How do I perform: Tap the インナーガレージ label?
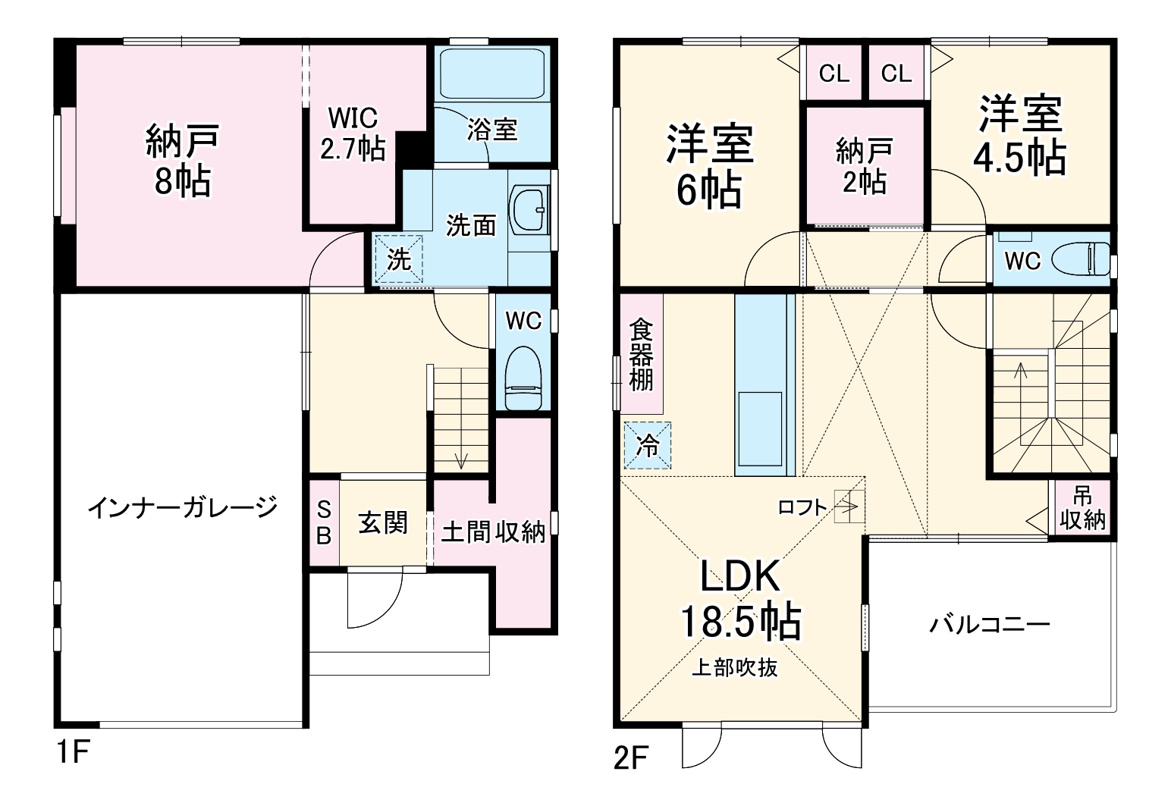tap(183, 507)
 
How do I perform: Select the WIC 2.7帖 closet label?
tap(352, 134)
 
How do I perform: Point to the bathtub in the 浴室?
tap(492, 74)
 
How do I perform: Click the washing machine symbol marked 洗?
tap(399, 259)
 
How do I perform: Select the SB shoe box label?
tap(324, 523)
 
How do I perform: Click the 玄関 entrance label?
tap(383, 522)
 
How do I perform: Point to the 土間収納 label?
tap(493, 532)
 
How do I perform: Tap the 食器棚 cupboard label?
tap(641, 355)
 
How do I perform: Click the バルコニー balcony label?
tap(989, 625)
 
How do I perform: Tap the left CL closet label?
tap(834, 74)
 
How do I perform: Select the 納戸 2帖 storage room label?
tap(864, 166)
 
